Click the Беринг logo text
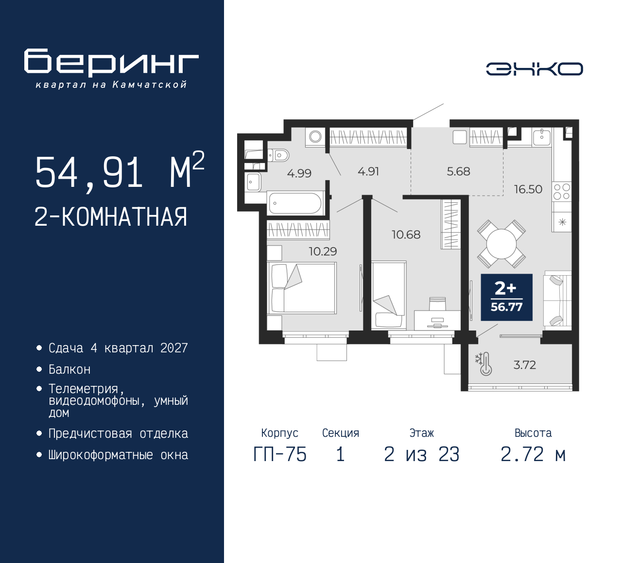click(x=111, y=63)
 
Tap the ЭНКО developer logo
click(x=534, y=69)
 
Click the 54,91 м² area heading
click(x=119, y=172)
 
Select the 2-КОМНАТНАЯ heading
click(x=111, y=217)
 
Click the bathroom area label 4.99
click(x=299, y=173)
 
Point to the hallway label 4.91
click(x=368, y=171)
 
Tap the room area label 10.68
click(x=406, y=235)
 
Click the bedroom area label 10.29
click(x=323, y=251)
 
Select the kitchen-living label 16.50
click(x=528, y=189)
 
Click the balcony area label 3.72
click(x=524, y=365)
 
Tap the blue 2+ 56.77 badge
click(x=506, y=298)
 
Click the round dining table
click(x=501, y=244)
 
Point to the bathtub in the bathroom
click(x=294, y=203)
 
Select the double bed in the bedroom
click(x=302, y=288)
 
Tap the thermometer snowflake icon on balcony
click(x=484, y=364)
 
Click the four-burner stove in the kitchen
click(x=562, y=192)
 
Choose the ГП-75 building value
click(x=280, y=455)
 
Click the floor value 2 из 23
click(x=421, y=455)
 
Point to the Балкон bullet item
click(x=69, y=370)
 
